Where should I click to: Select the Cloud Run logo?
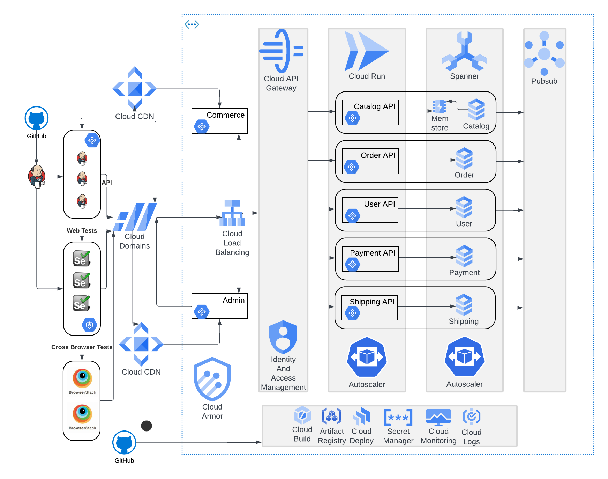pyautogui.click(x=366, y=51)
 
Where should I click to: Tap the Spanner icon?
pyautogui.click(x=464, y=51)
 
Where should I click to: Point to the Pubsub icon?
pyautogui.click(x=544, y=53)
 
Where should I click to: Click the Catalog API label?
pyautogui.click(x=374, y=106)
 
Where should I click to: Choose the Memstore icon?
pyautogui.click(x=440, y=106)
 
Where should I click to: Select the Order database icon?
pyautogui.click(x=464, y=159)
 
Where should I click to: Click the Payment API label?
pyautogui.click(x=373, y=253)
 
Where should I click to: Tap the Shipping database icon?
pyautogui.click(x=464, y=305)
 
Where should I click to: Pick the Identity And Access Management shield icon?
pyautogui.click(x=283, y=337)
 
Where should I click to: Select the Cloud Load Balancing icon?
pyautogui.click(x=232, y=213)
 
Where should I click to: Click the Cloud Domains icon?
pyautogui.click(x=135, y=217)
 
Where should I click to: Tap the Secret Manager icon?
pyautogui.click(x=398, y=418)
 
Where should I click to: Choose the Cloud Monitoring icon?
pyautogui.click(x=438, y=417)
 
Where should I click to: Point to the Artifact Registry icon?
pyautogui.click(x=331, y=416)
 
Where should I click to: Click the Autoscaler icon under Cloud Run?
pyautogui.click(x=367, y=357)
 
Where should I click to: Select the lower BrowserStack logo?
pyautogui.click(x=82, y=418)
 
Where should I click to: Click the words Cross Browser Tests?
pyautogui.click(x=82, y=347)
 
